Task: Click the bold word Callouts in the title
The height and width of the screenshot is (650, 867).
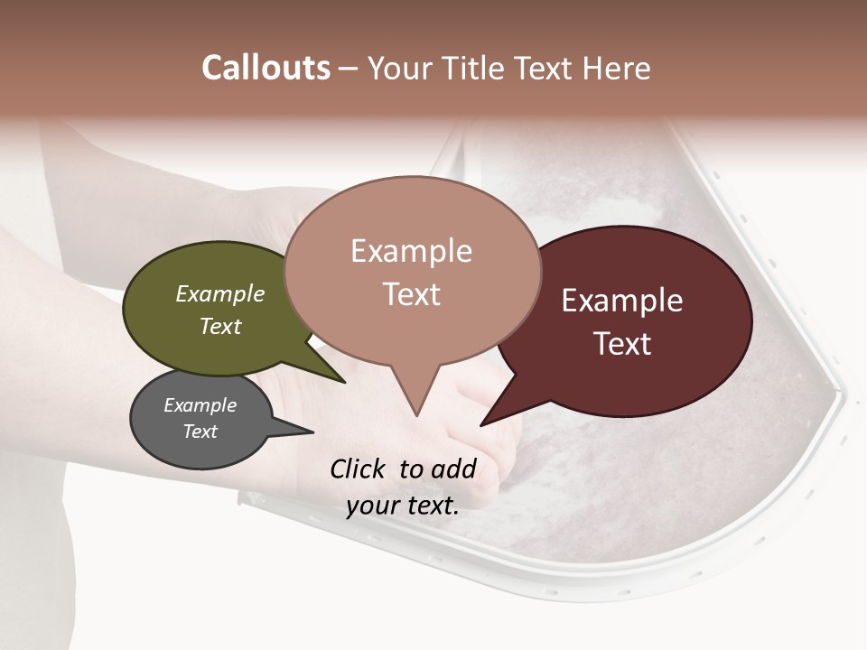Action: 266,69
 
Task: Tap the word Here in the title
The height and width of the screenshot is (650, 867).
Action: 617,69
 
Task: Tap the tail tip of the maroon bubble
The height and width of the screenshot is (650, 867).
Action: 482,424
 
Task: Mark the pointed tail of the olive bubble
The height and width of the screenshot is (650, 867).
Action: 344,382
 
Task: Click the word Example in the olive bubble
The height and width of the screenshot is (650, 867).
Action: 219,294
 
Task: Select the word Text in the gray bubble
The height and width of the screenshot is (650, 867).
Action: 200,432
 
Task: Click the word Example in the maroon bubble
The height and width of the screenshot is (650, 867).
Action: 622,301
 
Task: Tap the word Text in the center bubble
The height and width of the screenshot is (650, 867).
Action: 412,294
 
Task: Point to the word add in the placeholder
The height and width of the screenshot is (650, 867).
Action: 454,469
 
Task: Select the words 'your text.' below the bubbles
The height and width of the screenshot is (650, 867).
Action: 402,506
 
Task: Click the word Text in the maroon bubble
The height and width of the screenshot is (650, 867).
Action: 623,344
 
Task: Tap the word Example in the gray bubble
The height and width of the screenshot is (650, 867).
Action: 200,405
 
